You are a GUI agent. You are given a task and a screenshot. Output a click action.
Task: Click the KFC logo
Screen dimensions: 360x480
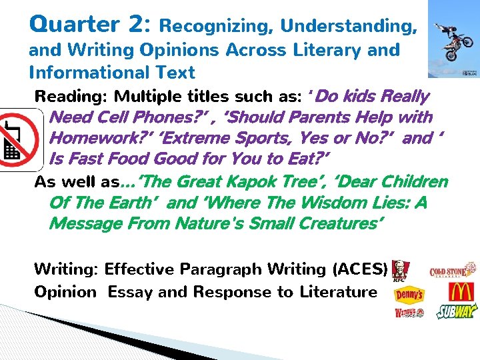pos(401,270)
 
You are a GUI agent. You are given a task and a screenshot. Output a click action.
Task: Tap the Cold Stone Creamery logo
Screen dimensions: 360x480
pos(453,270)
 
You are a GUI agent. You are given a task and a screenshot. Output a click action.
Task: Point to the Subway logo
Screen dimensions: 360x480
pos(457,312)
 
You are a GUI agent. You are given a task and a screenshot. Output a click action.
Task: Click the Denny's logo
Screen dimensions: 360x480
pos(409,293)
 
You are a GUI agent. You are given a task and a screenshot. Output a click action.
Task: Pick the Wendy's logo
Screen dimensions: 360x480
pos(409,313)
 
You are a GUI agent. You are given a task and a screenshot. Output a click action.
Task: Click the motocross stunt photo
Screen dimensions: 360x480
pos(453,39)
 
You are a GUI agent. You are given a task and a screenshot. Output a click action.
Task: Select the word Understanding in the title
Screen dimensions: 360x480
pos(349,27)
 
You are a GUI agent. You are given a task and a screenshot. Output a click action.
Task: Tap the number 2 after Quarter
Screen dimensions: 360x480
pos(139,25)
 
